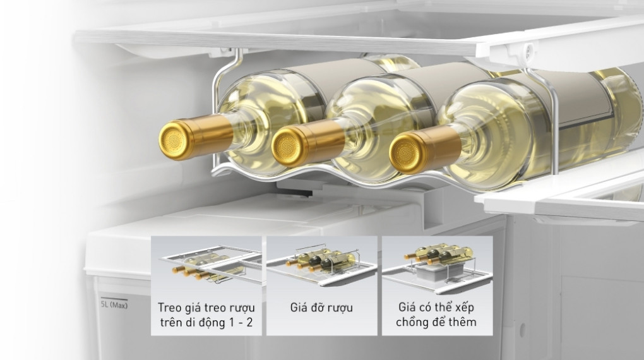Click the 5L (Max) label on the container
(114, 305)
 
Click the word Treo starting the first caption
(172, 308)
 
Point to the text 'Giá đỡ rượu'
(321, 308)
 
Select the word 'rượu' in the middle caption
(339, 308)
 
